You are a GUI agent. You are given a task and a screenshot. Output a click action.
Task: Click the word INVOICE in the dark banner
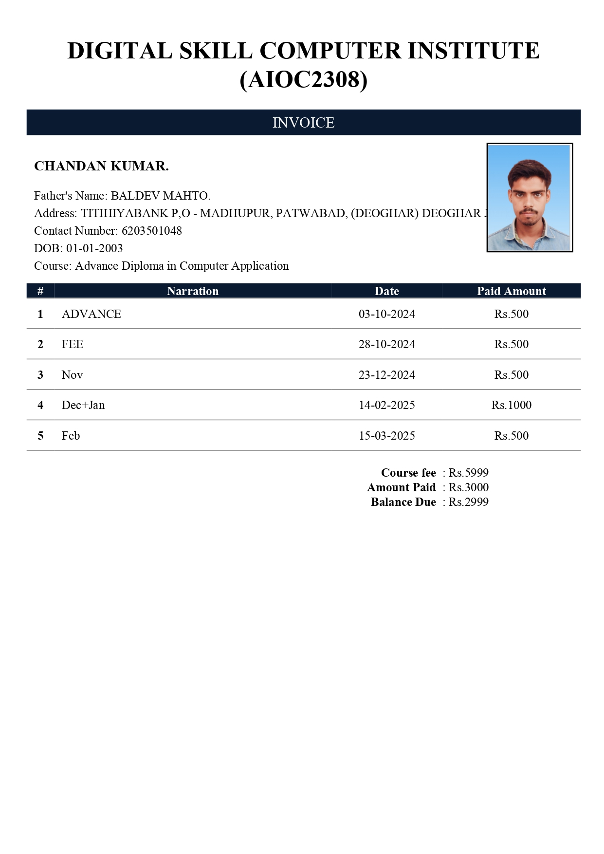point(303,123)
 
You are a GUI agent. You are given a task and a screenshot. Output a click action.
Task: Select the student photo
point(530,198)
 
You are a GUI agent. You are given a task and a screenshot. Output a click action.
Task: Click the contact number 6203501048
point(151,231)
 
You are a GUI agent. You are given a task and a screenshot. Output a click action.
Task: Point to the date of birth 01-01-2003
point(94,248)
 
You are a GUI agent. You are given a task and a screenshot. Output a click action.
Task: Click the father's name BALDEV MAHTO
point(160,196)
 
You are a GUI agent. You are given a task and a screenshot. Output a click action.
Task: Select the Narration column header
point(193,291)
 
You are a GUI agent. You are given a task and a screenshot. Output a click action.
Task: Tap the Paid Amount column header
point(511,291)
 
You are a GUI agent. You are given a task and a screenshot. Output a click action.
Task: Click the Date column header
point(386,291)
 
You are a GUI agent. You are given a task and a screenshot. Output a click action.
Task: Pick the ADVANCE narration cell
point(92,314)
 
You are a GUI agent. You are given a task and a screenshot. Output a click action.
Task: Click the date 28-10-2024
point(386,344)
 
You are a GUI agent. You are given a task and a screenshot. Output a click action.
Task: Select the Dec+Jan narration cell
point(83,405)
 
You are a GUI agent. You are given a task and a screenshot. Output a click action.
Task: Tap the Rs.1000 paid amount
point(511,405)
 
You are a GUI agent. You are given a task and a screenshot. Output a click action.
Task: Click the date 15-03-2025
point(386,436)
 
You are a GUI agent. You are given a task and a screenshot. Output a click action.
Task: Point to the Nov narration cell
point(72,375)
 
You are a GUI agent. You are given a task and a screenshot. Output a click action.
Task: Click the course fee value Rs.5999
point(468,473)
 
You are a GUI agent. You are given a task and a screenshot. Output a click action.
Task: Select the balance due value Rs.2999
point(468,502)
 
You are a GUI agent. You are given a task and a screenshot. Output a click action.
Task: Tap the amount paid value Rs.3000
point(468,487)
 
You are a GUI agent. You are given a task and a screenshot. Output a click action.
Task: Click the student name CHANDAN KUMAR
point(101,166)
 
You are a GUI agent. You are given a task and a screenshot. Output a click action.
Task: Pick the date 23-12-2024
point(386,375)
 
